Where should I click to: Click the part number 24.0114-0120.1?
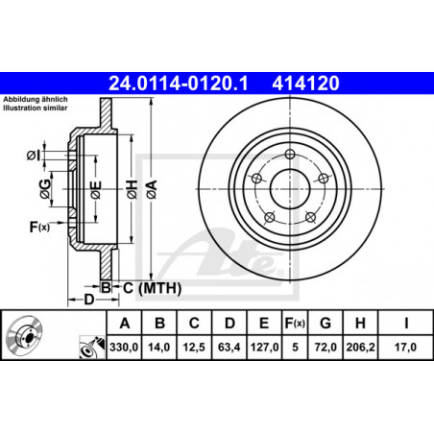click(179, 84)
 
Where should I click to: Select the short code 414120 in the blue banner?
click(305, 84)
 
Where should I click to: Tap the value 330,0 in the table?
click(124, 347)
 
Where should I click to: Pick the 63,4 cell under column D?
click(229, 347)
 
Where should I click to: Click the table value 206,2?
click(360, 347)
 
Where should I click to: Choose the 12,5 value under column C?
click(194, 347)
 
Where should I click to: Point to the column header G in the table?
click(325, 324)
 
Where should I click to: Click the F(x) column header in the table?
click(295, 324)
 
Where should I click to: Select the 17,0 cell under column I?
click(405, 347)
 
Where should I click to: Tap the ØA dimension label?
click(153, 189)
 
